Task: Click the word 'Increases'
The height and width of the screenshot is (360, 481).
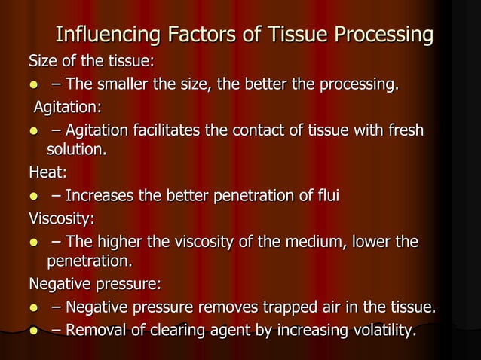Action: click(99, 197)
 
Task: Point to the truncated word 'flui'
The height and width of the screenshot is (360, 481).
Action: click(326, 197)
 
